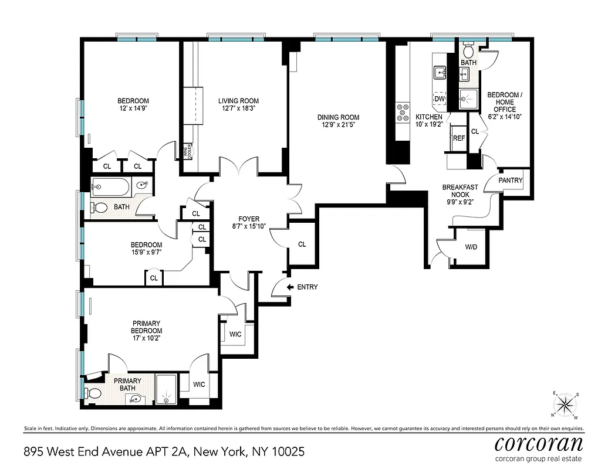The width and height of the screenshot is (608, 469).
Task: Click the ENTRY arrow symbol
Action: pyautogui.click(x=290, y=287)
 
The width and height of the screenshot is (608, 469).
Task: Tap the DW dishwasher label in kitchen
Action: pyautogui.click(x=439, y=98)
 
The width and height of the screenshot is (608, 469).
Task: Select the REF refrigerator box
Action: pyautogui.click(x=458, y=138)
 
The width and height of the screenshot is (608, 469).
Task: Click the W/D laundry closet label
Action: pyautogui.click(x=471, y=247)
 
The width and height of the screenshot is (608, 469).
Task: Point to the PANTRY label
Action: pyautogui.click(x=510, y=181)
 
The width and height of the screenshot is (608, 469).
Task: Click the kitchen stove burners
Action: pyautogui.click(x=403, y=112)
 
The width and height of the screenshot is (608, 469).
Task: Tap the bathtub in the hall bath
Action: pyautogui.click(x=112, y=188)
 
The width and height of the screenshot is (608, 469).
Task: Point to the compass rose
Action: pyautogui.click(x=565, y=403)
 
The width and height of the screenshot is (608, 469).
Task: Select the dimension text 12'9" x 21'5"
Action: pyautogui.click(x=339, y=125)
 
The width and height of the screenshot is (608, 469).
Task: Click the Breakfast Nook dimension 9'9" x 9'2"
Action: pyautogui.click(x=460, y=202)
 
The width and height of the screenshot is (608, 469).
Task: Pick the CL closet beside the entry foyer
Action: pyautogui.click(x=302, y=244)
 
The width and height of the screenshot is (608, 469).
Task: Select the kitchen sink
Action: pyautogui.click(x=440, y=73)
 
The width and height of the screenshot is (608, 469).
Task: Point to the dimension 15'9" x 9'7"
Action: pyautogui.click(x=146, y=253)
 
